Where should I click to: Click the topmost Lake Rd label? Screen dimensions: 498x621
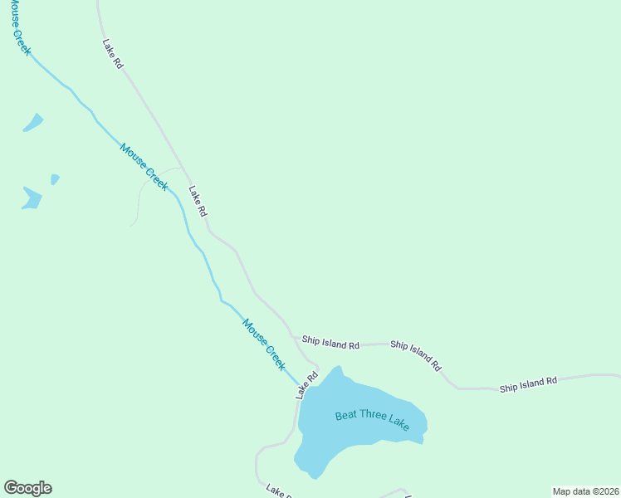(x=113, y=53)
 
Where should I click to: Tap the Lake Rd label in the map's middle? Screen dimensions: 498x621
(x=198, y=201)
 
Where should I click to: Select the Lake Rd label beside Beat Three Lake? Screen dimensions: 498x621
(x=307, y=385)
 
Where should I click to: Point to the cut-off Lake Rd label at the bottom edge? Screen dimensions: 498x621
(x=277, y=491)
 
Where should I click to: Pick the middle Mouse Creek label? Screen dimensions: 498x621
(x=144, y=167)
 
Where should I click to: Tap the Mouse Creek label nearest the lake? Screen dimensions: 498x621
(x=264, y=344)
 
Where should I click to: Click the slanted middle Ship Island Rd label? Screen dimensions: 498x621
(x=416, y=355)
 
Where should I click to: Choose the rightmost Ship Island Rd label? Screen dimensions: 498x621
(x=528, y=384)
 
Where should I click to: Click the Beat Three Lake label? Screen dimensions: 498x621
(x=372, y=420)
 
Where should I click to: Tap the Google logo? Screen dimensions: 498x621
(x=27, y=488)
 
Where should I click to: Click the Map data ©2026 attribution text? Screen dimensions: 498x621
(x=585, y=491)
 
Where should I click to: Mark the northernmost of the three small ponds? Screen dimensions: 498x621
(x=33, y=123)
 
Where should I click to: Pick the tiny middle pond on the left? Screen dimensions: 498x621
(x=55, y=178)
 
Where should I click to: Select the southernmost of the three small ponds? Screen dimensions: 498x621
(x=32, y=198)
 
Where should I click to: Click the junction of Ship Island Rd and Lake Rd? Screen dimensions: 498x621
(x=296, y=338)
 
